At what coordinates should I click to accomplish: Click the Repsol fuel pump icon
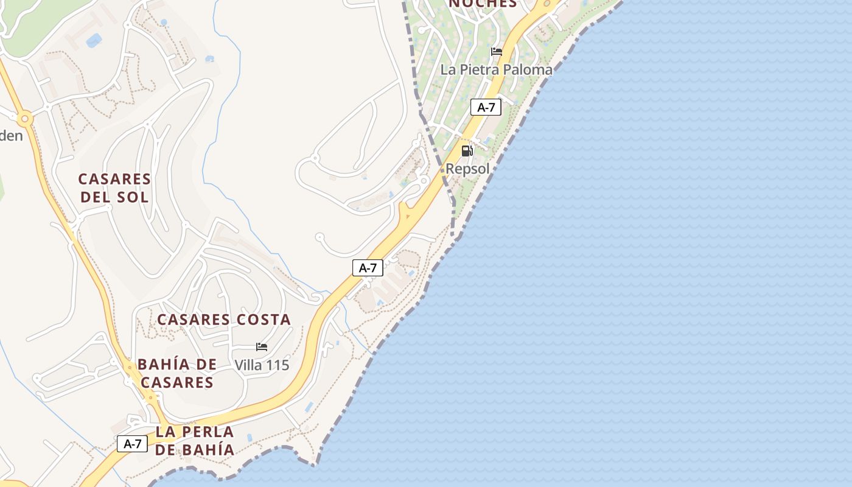coord(467,151)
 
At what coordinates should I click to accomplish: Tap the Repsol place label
coord(467,169)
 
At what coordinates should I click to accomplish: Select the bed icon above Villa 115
coord(262,347)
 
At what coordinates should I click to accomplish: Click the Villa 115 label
coord(262,365)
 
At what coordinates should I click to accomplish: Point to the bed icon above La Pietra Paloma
coord(497,52)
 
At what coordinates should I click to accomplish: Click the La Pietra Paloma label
coord(496,69)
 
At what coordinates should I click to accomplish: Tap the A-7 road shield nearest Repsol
coord(486,108)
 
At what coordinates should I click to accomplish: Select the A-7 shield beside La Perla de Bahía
coord(132,444)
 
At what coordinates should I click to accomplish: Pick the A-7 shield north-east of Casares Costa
coord(368,267)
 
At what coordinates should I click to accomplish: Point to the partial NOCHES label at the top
coord(483,4)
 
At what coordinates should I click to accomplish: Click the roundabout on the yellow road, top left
coord(24,118)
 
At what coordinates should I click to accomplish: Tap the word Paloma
coord(526,69)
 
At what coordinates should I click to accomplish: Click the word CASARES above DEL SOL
coord(114,179)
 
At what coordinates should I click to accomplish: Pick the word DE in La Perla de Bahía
coord(164,450)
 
